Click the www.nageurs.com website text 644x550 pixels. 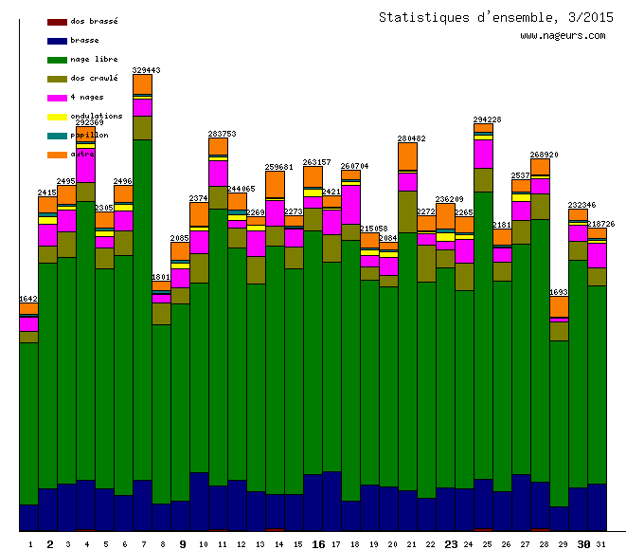pyautogui.click(x=563, y=36)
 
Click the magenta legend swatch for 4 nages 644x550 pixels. pyautogui.click(x=57, y=98)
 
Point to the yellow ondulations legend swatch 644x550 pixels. pyautogui.click(x=57, y=117)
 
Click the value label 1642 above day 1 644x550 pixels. pyautogui.click(x=29, y=299)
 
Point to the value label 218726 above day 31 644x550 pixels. pyautogui.click(x=600, y=224)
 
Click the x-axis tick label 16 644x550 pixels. pyautogui.click(x=318, y=544)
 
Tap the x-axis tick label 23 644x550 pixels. pyautogui.click(x=451, y=544)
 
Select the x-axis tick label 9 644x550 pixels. pyautogui.click(x=182, y=544)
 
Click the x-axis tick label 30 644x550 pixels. pyautogui.click(x=583, y=544)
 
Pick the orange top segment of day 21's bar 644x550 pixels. pyautogui.click(x=408, y=156)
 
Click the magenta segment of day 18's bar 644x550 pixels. pyautogui.click(x=351, y=204)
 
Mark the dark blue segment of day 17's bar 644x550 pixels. pyautogui.click(x=332, y=501)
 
